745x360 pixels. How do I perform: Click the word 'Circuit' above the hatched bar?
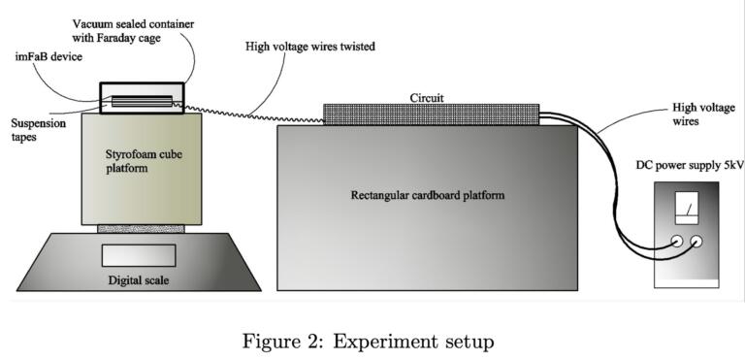(430, 96)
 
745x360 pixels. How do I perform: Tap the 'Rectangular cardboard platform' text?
(428, 195)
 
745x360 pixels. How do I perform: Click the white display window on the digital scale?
(139, 255)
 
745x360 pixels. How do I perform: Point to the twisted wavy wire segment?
(252, 113)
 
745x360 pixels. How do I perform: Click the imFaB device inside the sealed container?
(142, 100)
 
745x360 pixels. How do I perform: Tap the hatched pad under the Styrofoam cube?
(139, 229)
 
